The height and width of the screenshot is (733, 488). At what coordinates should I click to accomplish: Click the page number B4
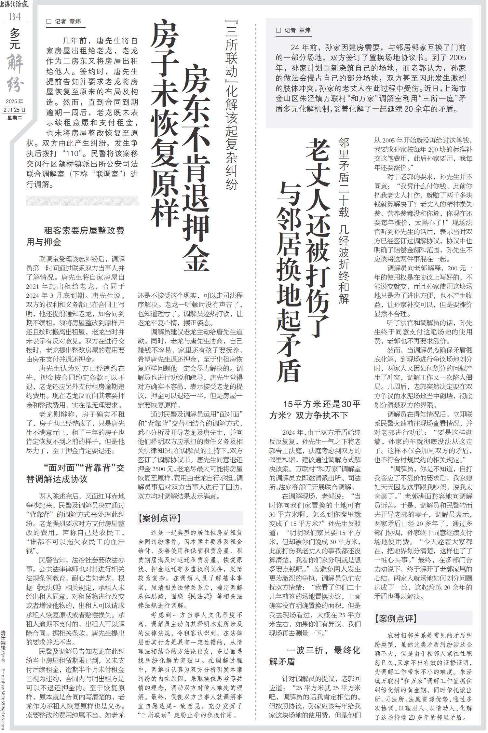pyautogui.click(x=15, y=17)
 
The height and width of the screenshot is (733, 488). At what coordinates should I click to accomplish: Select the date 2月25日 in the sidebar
pyautogui.click(x=15, y=110)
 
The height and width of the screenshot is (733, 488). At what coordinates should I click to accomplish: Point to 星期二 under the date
pyautogui.click(x=15, y=117)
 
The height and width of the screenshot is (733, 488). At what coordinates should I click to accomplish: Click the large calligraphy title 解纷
pyautogui.click(x=15, y=74)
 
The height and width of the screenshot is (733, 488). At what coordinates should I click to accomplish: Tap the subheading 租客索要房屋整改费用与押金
pyautogui.click(x=75, y=237)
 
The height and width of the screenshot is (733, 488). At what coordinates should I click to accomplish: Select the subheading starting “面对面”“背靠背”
pyautogui.click(x=75, y=473)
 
